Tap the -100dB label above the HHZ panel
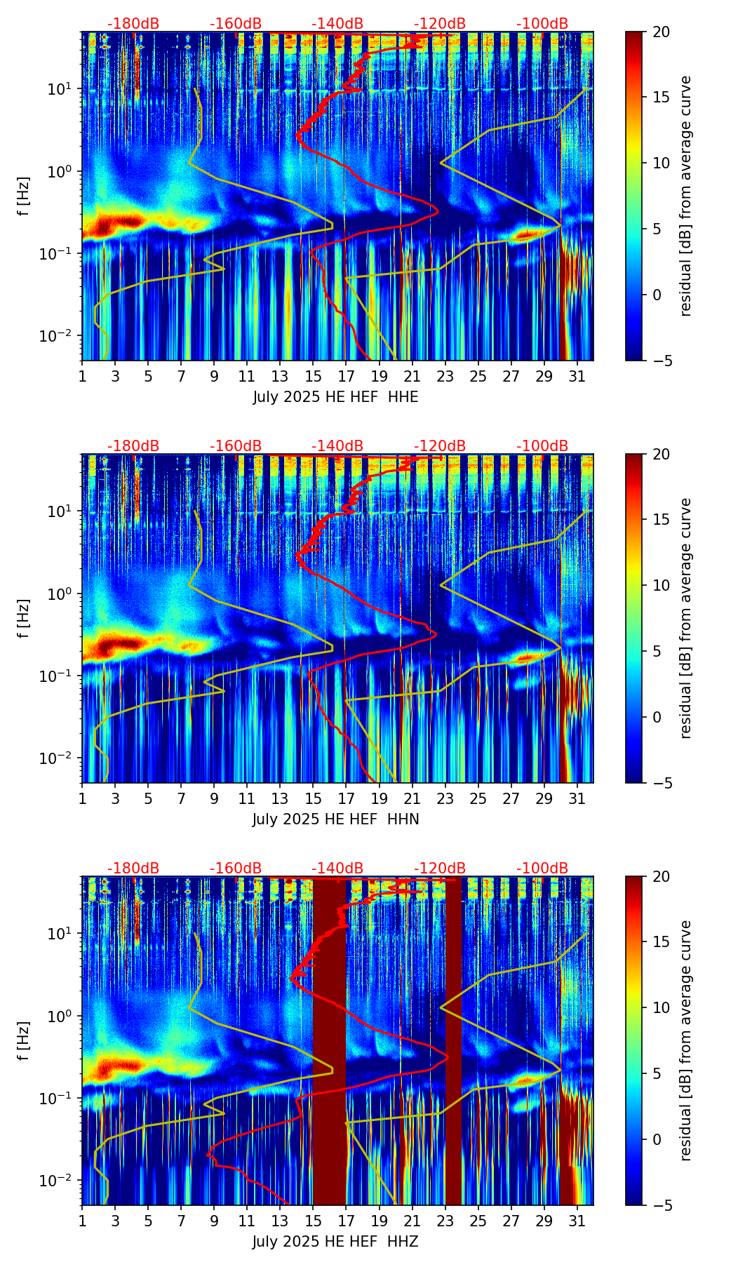click(542, 869)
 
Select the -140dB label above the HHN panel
click(337, 446)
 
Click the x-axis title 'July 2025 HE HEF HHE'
click(335, 397)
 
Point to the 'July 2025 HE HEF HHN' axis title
click(335, 819)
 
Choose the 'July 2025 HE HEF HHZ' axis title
click(335, 1242)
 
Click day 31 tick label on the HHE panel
click(577, 376)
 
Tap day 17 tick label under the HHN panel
click(346, 798)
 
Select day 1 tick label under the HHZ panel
click(82, 1221)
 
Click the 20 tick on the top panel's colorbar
click(660, 32)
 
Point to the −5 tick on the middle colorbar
click(660, 782)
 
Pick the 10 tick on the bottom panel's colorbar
click(660, 1007)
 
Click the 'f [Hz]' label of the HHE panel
click(24, 196)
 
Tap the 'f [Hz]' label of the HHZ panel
click(24, 1041)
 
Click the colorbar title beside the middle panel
click(685, 618)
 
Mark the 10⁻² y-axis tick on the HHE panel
click(62, 337)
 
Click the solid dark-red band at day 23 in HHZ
click(453, 1038)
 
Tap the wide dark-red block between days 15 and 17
click(329, 1038)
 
